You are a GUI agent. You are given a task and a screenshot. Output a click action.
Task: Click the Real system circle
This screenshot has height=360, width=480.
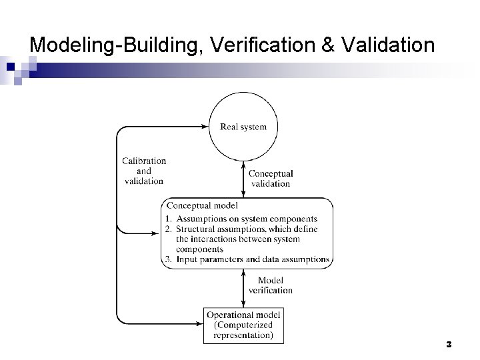[x=243, y=127]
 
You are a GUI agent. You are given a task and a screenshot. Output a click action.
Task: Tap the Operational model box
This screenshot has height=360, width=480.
[x=243, y=325]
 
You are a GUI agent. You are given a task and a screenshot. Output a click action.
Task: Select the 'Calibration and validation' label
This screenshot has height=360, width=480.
[x=144, y=171]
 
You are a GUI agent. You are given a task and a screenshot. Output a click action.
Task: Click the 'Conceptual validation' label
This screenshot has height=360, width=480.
[x=271, y=179]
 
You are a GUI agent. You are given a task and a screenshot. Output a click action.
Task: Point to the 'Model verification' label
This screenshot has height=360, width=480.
[x=271, y=285]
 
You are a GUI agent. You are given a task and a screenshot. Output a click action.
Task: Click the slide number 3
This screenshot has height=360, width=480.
[x=449, y=344]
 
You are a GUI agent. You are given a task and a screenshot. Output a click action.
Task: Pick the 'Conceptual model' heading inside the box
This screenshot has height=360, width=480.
[x=202, y=206]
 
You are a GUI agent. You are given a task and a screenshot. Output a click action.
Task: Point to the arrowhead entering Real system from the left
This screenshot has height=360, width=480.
[x=205, y=125]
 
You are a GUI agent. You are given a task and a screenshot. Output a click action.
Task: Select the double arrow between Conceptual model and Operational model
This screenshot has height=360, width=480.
[x=243, y=287]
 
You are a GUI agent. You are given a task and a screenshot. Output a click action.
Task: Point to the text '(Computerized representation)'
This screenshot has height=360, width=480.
[x=243, y=330]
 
